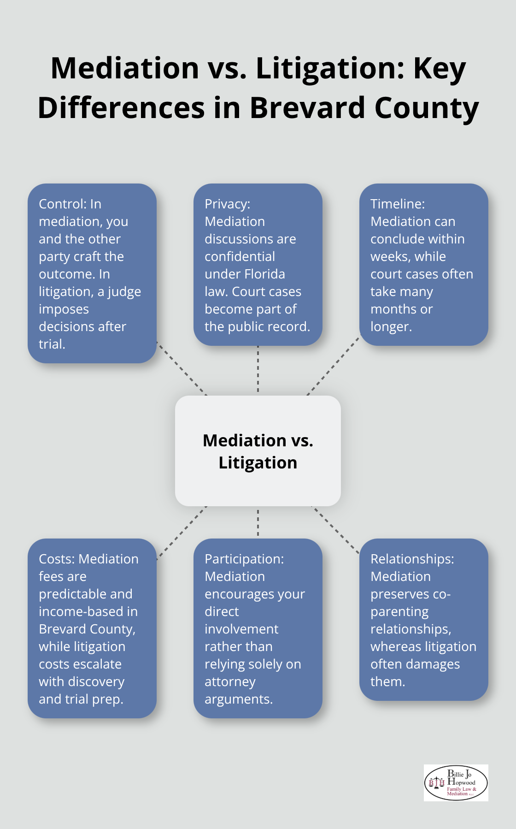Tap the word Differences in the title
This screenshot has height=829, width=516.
coord(121,108)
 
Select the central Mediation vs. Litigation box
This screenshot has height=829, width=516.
coord(258,451)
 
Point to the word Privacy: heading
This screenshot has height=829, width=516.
coord(227,204)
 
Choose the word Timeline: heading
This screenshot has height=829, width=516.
coord(398,204)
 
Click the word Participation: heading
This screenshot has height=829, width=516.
coord(244,559)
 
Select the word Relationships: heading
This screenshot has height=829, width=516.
coord(412,559)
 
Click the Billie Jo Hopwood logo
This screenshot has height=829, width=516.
coord(456,782)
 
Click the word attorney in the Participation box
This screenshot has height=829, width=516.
coord(230,682)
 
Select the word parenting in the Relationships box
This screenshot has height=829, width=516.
coord(399,612)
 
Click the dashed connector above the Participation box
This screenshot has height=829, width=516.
coord(258,522)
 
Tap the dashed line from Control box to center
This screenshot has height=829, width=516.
coord(182,368)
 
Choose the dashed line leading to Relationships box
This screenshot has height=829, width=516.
coord(335,529)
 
